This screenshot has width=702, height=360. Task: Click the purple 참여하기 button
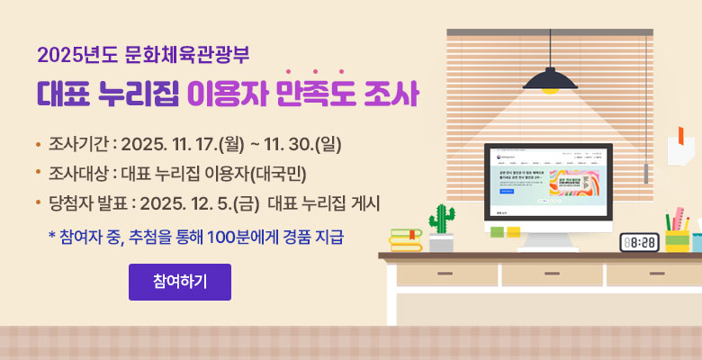tap(180, 282)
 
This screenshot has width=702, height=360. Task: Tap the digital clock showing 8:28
tap(639, 241)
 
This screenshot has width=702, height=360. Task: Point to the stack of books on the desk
tap(405, 238)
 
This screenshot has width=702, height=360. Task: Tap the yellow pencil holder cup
tap(677, 239)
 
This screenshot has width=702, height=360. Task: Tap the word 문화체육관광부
tap(192, 53)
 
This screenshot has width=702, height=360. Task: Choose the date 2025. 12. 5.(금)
tap(200, 203)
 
